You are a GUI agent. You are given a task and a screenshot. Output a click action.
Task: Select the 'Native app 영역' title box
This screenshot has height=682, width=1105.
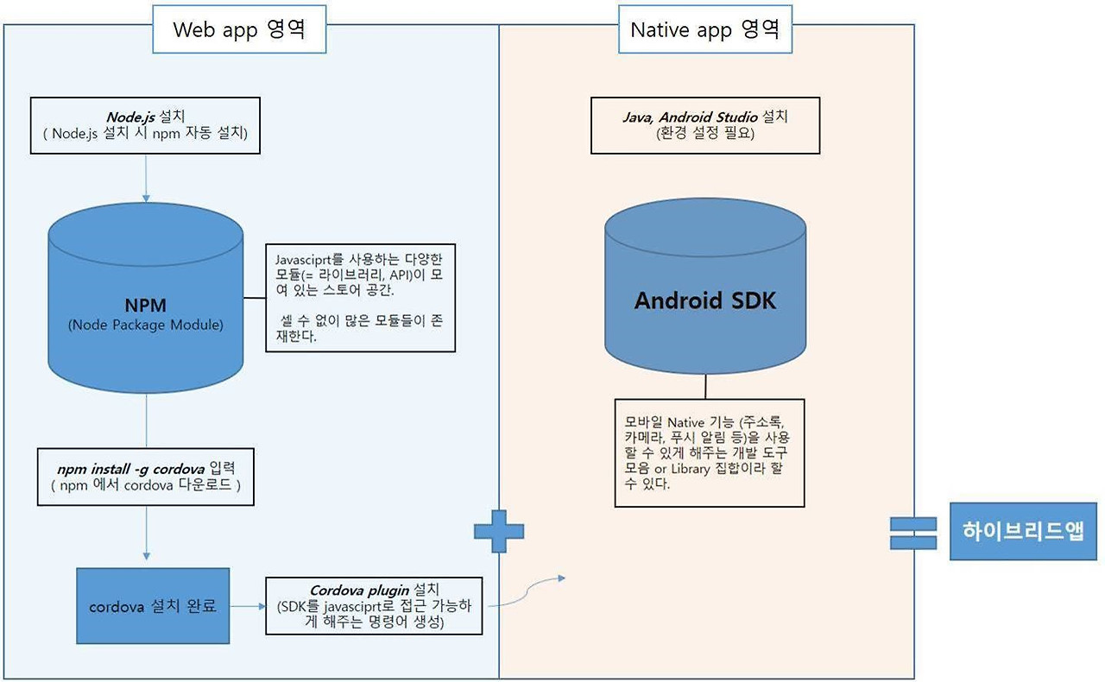click(704, 29)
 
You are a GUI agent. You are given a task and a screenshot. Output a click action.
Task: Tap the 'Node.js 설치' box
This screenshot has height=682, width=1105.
click(145, 125)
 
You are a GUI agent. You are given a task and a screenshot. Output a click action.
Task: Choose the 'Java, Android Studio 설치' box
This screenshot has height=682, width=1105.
click(705, 125)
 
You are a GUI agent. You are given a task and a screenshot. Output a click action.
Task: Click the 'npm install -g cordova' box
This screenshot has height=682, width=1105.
click(145, 477)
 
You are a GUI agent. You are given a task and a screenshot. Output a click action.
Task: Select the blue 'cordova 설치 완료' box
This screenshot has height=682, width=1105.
click(153, 606)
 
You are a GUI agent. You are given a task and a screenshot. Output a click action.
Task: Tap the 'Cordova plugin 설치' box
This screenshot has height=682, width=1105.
click(374, 606)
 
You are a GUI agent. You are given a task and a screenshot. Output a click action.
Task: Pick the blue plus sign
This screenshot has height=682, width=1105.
click(499, 530)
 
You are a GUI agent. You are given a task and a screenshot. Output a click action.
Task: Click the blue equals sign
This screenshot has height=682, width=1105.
click(912, 532)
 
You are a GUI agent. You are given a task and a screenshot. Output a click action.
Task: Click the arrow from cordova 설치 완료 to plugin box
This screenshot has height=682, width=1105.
click(248, 606)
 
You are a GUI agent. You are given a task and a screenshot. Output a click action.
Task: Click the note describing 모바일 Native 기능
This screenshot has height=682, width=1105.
click(709, 452)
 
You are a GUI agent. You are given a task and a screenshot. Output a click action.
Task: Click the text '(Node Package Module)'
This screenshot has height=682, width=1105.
click(145, 325)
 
